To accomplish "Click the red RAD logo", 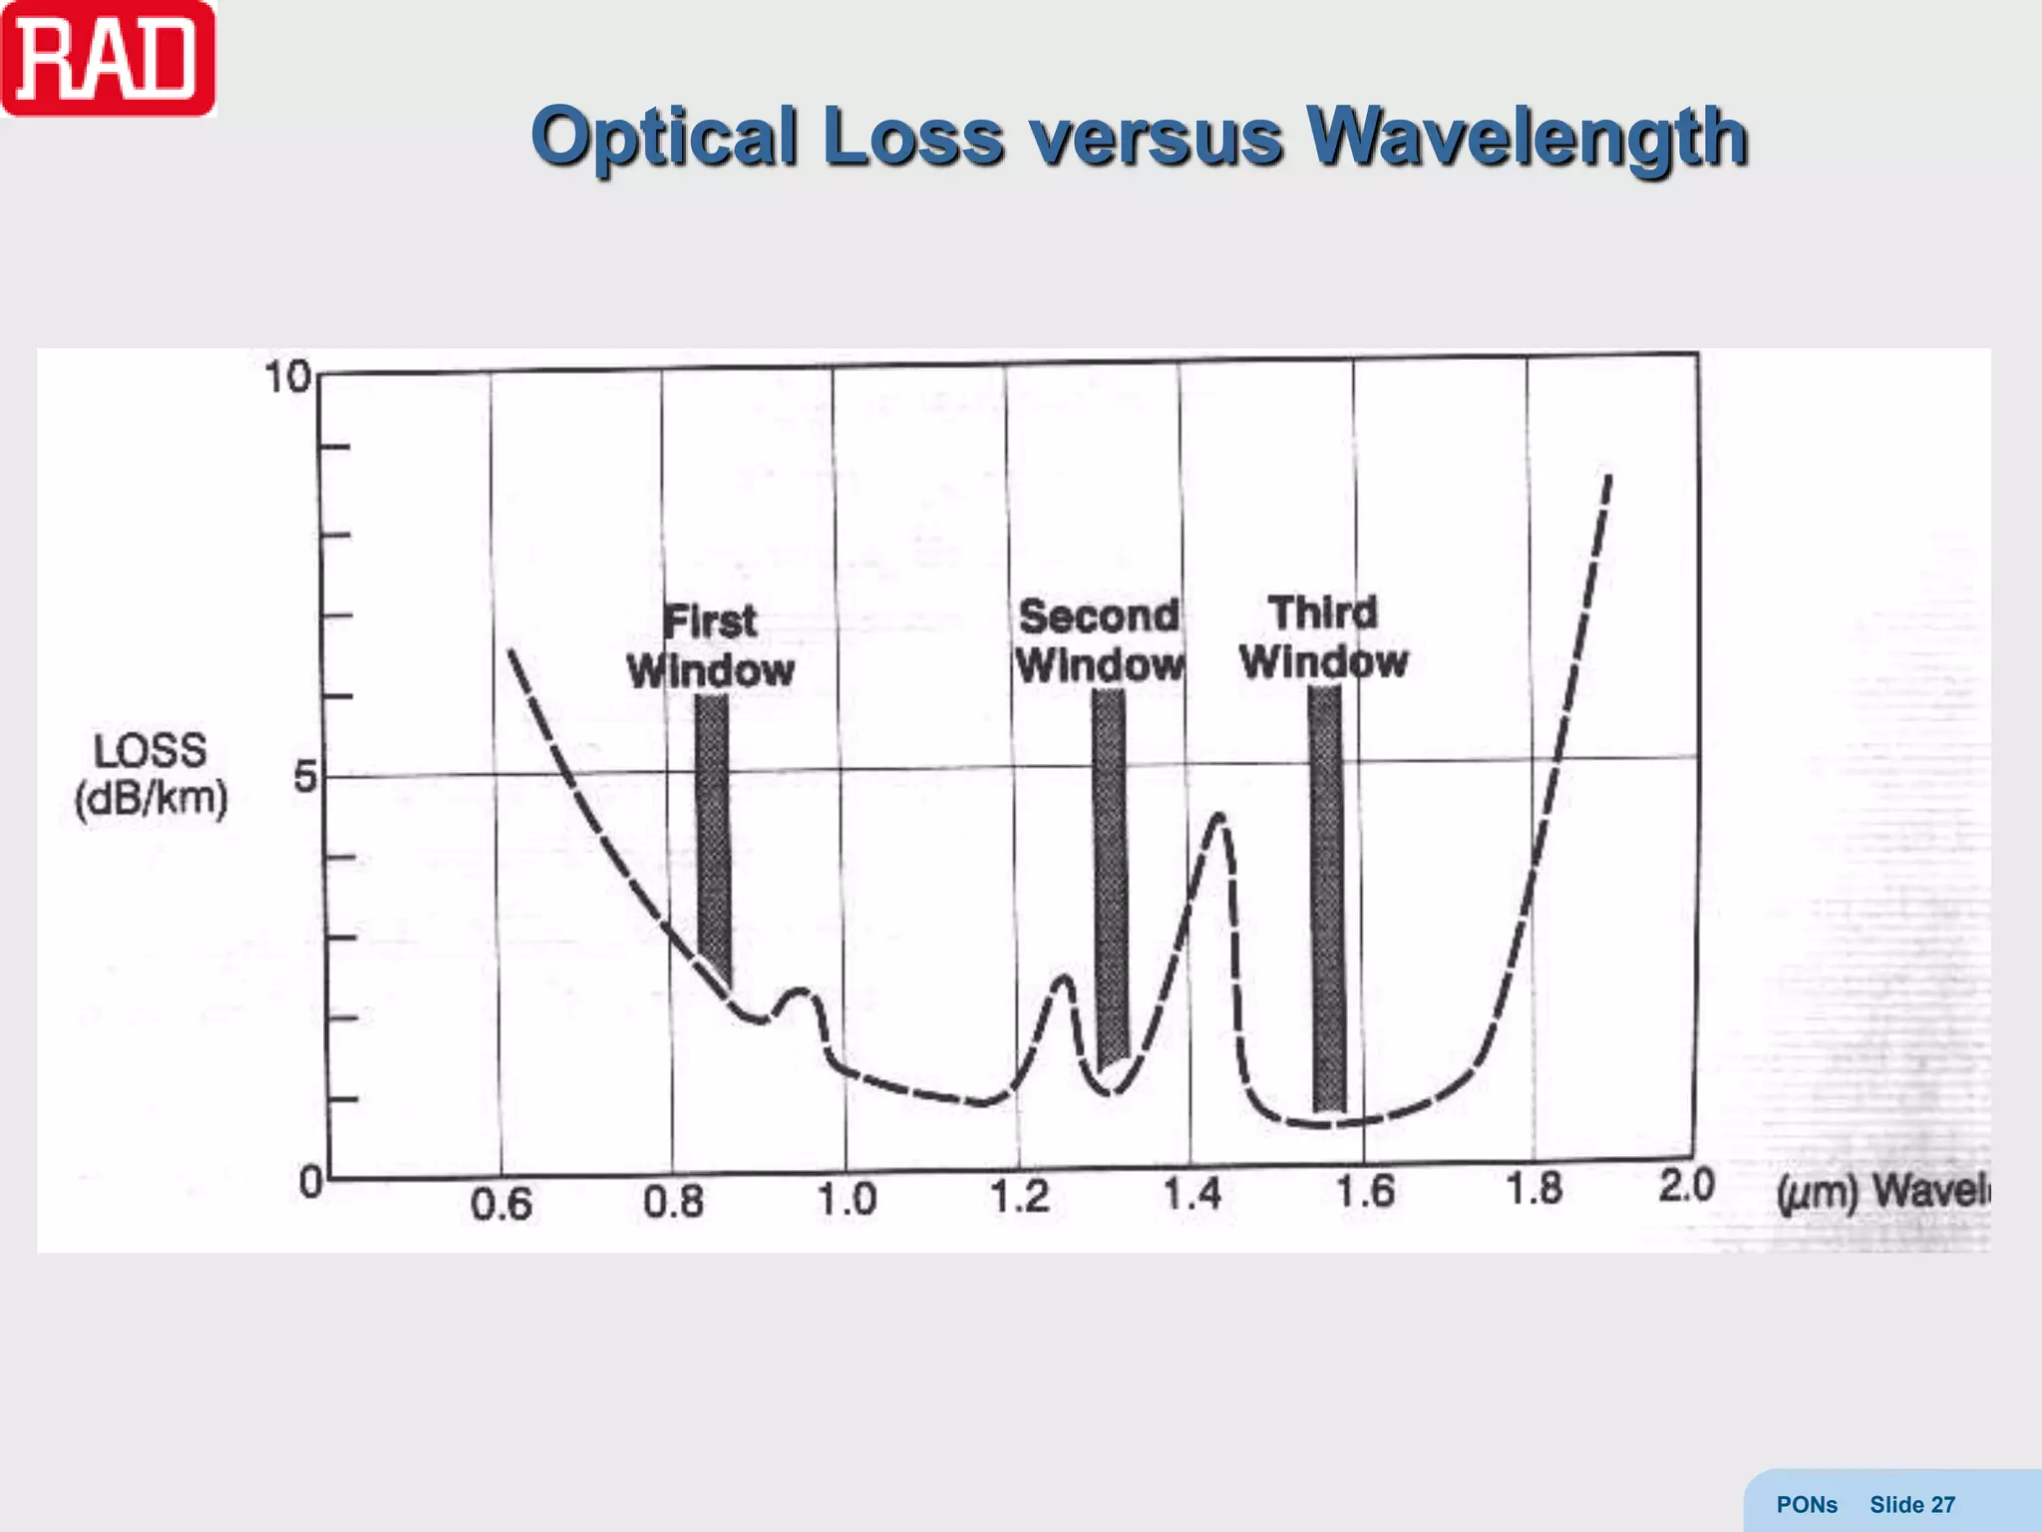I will pyautogui.click(x=108, y=58).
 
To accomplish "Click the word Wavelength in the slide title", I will pyautogui.click(x=1526, y=137).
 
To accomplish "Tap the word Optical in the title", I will pyautogui.click(x=664, y=137).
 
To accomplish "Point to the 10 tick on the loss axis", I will pyautogui.click(x=287, y=378).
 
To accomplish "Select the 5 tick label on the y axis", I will pyautogui.click(x=305, y=777).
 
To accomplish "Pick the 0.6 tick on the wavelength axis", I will pyautogui.click(x=501, y=1205).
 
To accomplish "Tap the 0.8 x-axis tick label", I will pyautogui.click(x=673, y=1202).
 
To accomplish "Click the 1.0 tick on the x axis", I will pyautogui.click(x=847, y=1199).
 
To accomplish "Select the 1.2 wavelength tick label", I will pyautogui.click(x=1019, y=1196).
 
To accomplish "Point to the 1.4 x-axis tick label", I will pyautogui.click(x=1192, y=1194).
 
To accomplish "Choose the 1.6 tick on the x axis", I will pyautogui.click(x=1365, y=1191).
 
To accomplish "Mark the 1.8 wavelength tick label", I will pyautogui.click(x=1533, y=1188).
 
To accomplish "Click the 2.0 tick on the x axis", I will pyautogui.click(x=1686, y=1186).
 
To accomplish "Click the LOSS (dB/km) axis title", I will pyautogui.click(x=151, y=774).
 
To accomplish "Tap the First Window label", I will pyautogui.click(x=710, y=645).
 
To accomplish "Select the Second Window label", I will pyautogui.click(x=1099, y=640).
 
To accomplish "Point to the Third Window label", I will pyautogui.click(x=1323, y=636).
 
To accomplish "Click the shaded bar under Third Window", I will pyautogui.click(x=1327, y=898).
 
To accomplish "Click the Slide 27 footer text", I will pyautogui.click(x=1911, y=1505).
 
